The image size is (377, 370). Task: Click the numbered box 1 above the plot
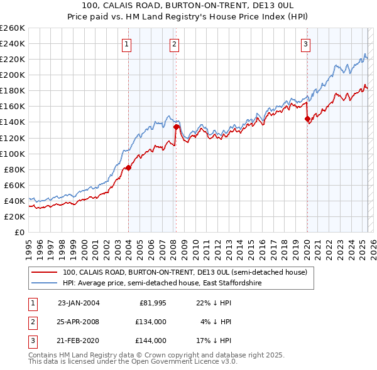point(127,44)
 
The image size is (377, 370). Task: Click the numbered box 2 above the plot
point(174,44)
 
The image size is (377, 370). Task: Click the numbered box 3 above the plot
point(305,44)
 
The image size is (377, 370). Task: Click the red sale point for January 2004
point(128,167)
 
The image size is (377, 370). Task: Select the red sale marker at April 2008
point(176,127)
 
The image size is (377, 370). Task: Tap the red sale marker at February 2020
point(307,119)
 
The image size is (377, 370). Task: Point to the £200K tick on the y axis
point(13,75)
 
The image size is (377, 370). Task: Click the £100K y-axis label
point(13,154)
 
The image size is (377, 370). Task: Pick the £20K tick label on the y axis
point(14,216)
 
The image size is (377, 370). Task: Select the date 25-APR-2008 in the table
point(79,322)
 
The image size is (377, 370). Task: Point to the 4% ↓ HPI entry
point(217,322)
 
